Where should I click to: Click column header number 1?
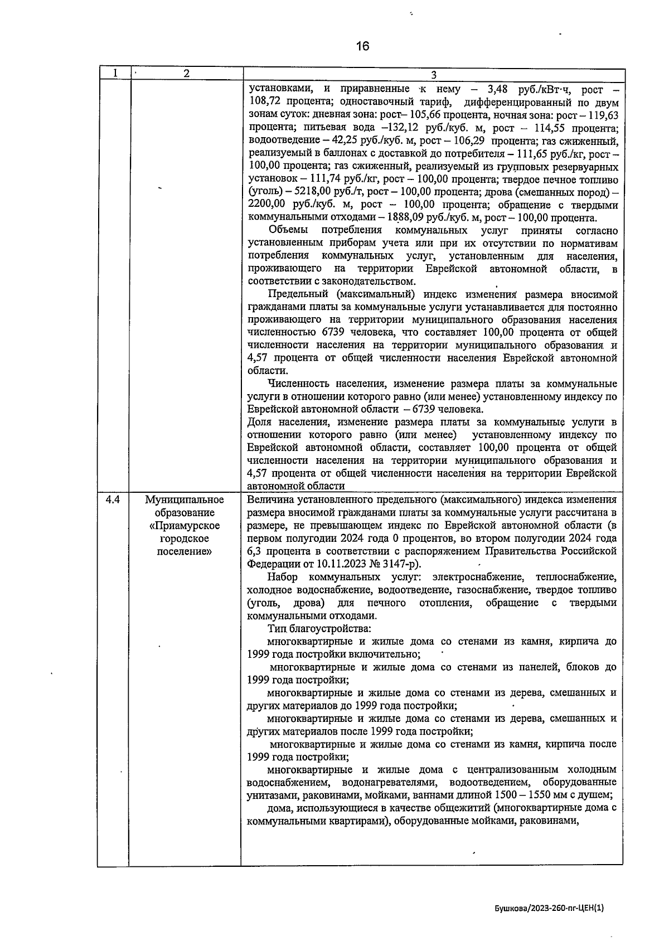[114, 73]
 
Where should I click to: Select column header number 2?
[186, 74]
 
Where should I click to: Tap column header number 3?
[433, 75]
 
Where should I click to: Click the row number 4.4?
[113, 499]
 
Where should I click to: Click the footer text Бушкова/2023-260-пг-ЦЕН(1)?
[549, 908]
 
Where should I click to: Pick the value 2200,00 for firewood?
[266, 205]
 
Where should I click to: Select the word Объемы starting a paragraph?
[286, 230]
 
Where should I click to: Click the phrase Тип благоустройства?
[315, 628]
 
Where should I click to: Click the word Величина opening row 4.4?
[270, 499]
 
